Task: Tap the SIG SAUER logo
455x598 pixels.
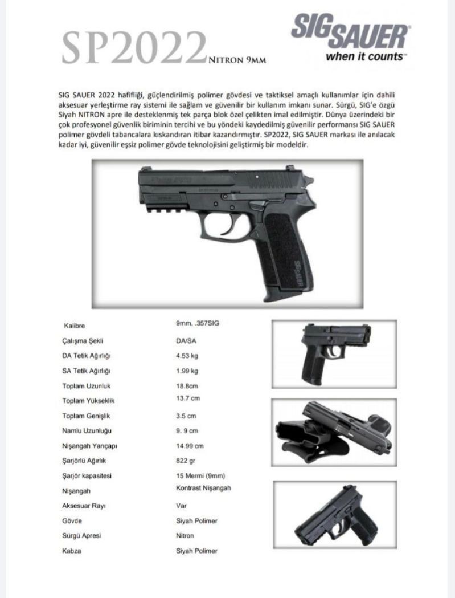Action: [x=349, y=34]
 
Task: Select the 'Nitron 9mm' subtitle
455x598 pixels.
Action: [x=237, y=58]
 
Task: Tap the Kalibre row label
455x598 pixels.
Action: [x=74, y=326]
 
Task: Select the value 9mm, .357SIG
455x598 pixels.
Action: [x=198, y=323]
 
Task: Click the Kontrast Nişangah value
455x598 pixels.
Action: [x=203, y=488]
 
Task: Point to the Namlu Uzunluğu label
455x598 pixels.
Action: [x=88, y=432]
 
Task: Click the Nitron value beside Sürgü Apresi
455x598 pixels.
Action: [x=185, y=536]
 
